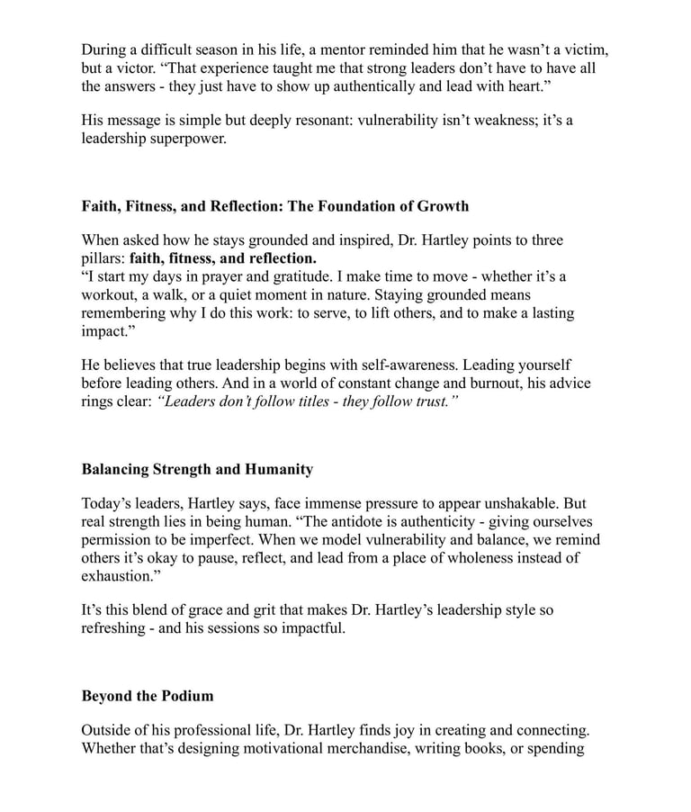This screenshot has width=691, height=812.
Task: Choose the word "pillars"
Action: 102,258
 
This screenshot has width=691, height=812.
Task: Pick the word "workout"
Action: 111,295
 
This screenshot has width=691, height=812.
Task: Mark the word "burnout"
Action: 453,383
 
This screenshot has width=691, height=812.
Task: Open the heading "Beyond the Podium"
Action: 148,696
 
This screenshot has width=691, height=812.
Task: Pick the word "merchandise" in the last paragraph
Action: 368,749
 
